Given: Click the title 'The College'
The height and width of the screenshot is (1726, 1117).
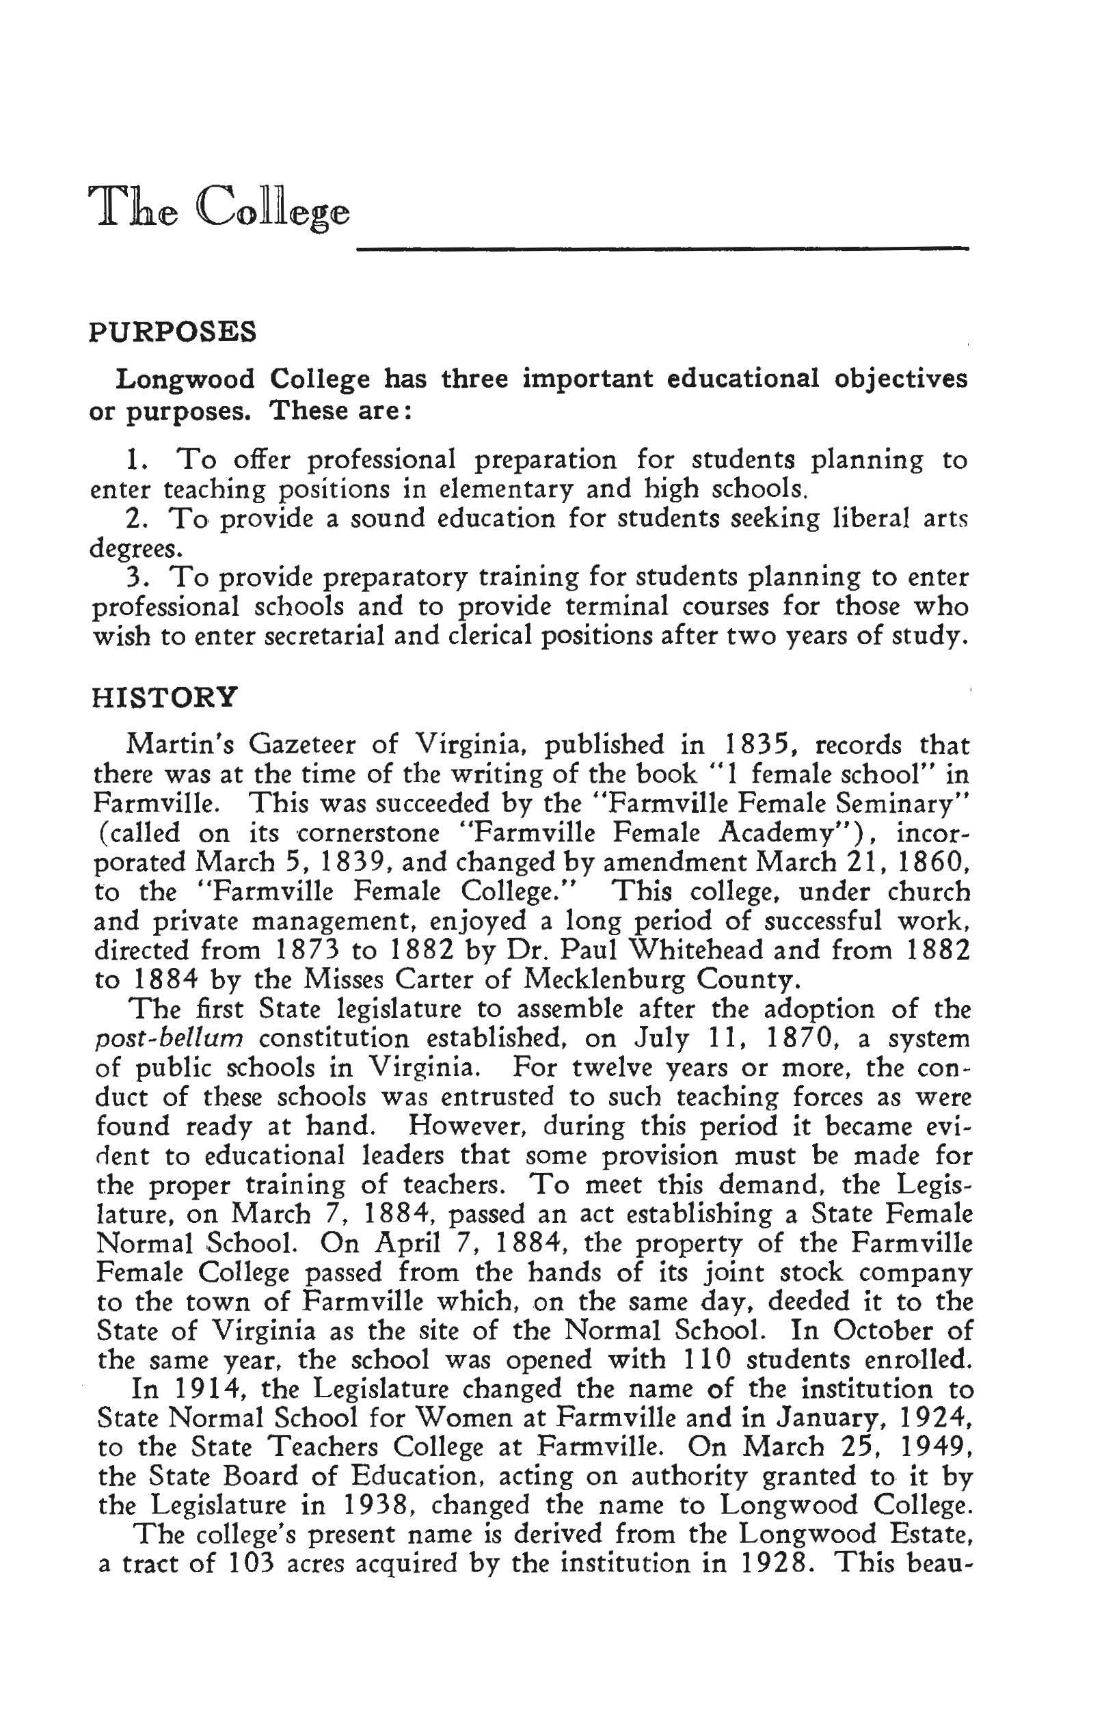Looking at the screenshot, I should (x=218, y=207).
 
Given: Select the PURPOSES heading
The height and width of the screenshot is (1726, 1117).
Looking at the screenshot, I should (x=173, y=332).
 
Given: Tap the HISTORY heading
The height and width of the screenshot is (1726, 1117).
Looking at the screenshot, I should (x=165, y=697).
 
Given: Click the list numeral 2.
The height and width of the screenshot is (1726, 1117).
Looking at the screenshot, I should (x=135, y=519).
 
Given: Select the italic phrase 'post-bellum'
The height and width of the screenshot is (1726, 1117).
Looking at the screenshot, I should (x=168, y=1039).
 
